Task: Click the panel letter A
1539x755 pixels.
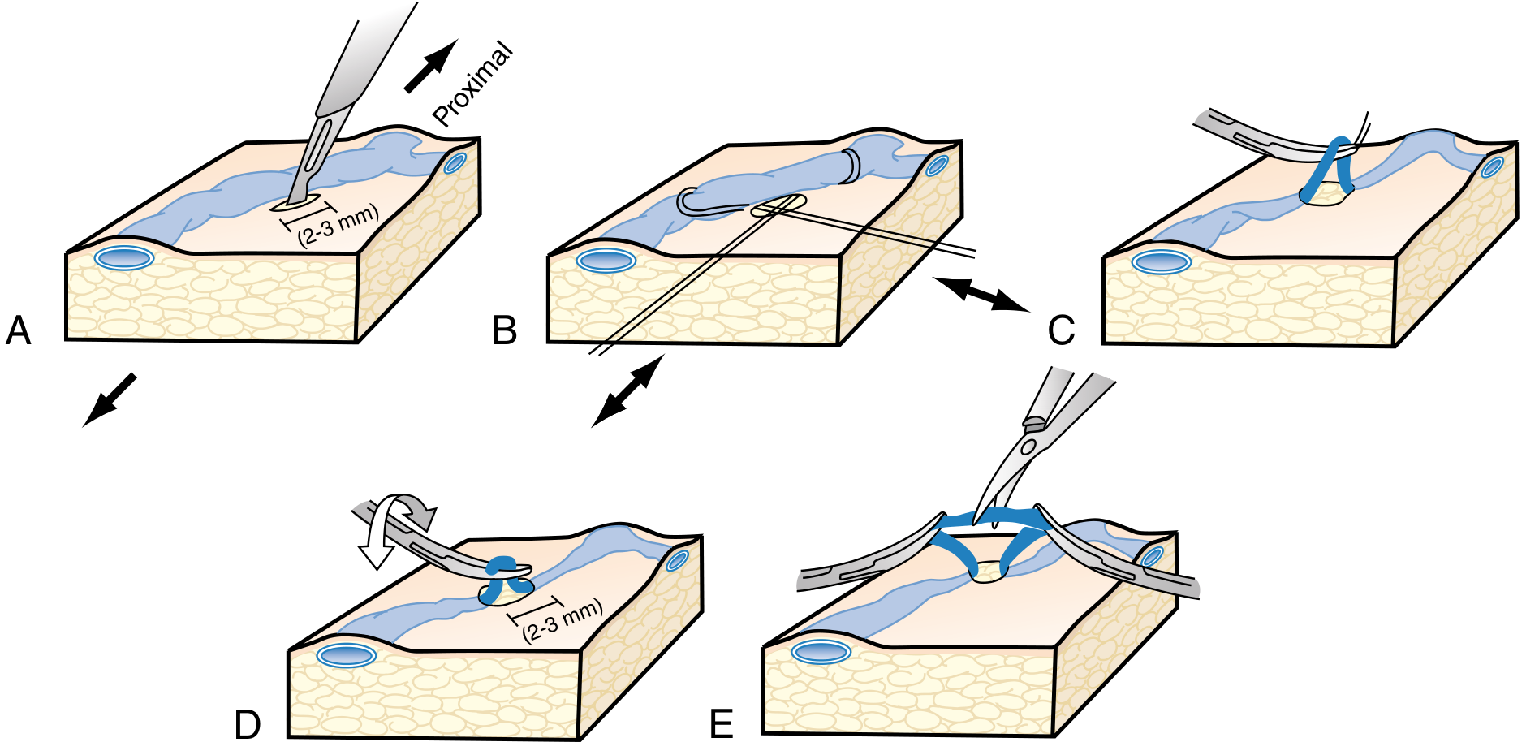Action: pos(18,330)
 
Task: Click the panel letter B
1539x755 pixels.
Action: pos(505,330)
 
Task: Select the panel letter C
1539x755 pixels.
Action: pos(1061,330)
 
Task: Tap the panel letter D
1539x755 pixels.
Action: pos(248,724)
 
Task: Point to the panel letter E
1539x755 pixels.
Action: pos(722,724)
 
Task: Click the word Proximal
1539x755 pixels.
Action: pos(472,84)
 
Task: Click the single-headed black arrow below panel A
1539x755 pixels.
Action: pos(110,399)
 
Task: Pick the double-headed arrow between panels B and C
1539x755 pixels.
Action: pos(981,294)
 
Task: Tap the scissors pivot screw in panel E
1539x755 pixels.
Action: pos(1028,447)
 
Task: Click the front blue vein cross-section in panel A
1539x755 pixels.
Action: pos(123,258)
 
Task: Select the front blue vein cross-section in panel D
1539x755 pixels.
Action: pos(347,655)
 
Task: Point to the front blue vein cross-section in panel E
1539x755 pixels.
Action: pos(821,652)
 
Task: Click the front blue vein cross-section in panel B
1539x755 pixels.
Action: pos(606,261)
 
